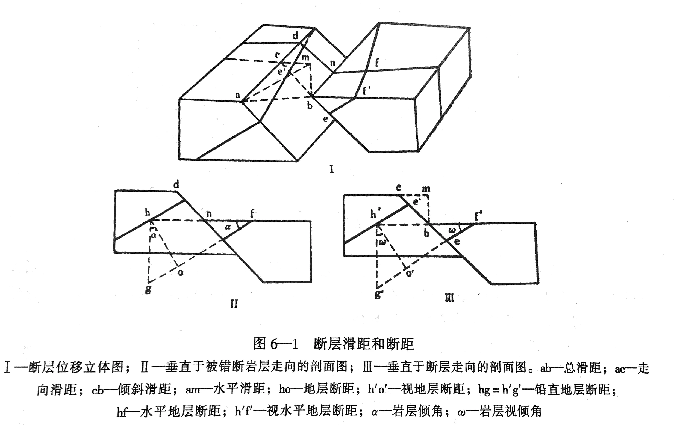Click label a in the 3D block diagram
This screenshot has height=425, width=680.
238,95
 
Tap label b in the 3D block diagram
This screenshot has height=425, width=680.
310,106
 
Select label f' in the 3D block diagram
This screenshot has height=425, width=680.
366,91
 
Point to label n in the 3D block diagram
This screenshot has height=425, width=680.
332,63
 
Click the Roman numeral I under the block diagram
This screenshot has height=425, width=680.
332,169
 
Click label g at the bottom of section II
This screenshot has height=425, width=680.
148,289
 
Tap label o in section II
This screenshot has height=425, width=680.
181,272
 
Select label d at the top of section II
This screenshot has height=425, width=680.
176,185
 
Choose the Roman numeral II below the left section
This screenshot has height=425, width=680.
234,304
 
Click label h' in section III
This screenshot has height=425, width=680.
375,215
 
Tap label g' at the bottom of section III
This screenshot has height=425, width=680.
379,294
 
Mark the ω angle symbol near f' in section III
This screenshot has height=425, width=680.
452,230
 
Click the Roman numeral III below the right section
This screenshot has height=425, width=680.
450,298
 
